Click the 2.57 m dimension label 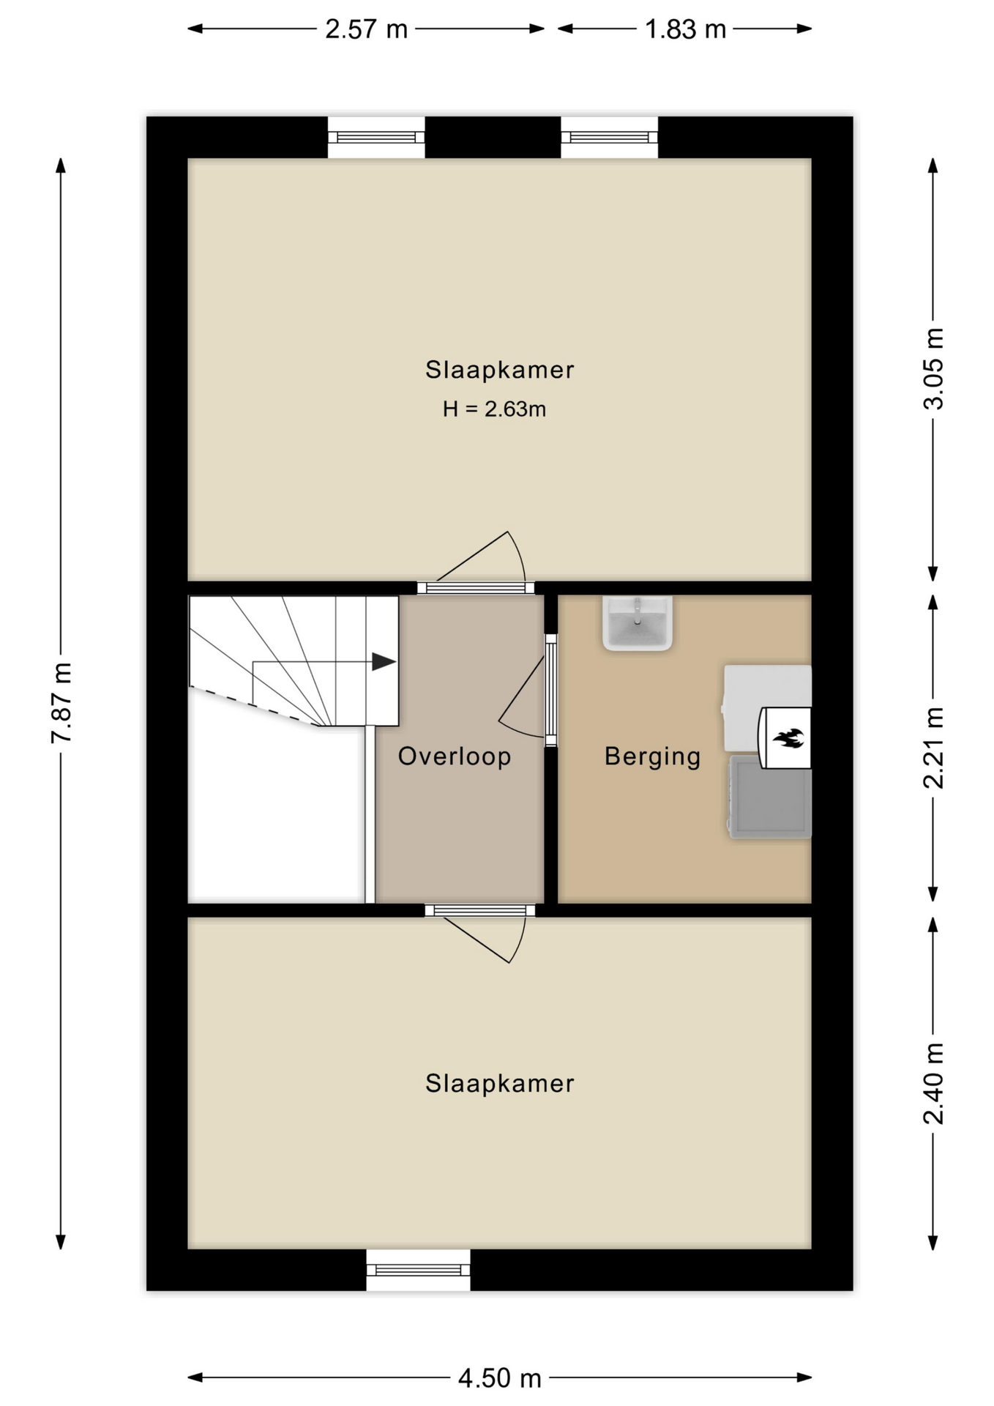(366, 29)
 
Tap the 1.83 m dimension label (685, 29)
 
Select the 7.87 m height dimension (61, 703)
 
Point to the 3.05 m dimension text (933, 368)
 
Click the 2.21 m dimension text (933, 748)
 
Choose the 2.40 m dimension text (933, 1083)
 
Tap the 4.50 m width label (499, 1378)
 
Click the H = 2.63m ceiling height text (494, 409)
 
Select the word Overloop (455, 756)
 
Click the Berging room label (652, 756)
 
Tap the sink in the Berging (637, 623)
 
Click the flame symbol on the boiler (788, 737)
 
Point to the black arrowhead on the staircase (384, 662)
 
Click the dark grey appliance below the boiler (770, 797)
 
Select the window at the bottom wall (418, 1270)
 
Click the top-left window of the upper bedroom (376, 137)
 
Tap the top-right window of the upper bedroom (609, 137)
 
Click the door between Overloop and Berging (550, 691)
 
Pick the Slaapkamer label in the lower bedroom (500, 1083)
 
